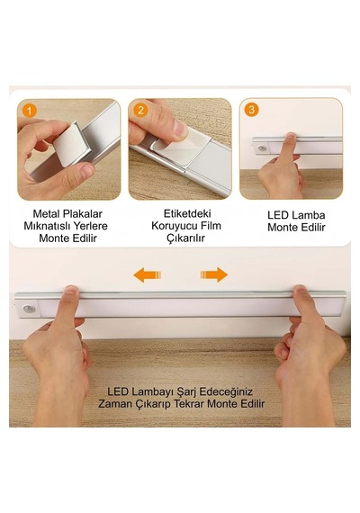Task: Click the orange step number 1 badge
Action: coord(29,111)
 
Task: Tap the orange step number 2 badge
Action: coord(140,110)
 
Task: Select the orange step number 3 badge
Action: coord(251,109)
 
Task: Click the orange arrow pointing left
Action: coord(148,274)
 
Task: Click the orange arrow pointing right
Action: coord(214,274)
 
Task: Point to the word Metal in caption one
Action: coord(47,214)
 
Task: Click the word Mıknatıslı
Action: coord(47,226)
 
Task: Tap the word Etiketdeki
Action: coord(187,213)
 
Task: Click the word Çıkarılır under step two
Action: coord(186,238)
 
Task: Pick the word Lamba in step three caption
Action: coord(309,215)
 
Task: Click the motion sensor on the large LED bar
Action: coord(29,309)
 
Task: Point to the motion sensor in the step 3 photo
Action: coord(262,148)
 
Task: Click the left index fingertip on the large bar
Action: coord(71,290)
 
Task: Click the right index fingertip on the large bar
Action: coord(300,289)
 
